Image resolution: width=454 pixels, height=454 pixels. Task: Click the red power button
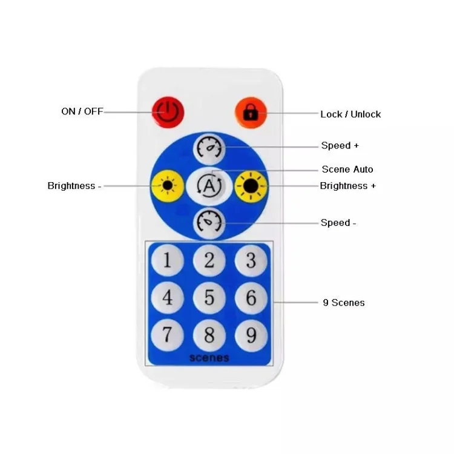pos(168,111)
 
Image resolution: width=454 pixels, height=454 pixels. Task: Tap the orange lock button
pos(251,111)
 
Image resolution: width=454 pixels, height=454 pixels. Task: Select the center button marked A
pos(209,186)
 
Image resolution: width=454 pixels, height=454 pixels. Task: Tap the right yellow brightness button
pos(250,185)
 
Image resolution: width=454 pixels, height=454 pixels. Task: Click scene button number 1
pos(167,262)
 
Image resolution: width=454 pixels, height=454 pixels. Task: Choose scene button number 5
pos(209,298)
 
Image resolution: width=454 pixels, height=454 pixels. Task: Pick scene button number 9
pos(251,335)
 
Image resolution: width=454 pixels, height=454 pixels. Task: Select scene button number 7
pos(167,335)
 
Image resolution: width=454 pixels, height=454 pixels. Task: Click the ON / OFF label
pos(82,111)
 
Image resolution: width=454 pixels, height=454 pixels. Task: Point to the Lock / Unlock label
pos(350,114)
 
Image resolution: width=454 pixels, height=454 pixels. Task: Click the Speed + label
pos(340,145)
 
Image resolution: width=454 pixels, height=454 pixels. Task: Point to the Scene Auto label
pos(347,169)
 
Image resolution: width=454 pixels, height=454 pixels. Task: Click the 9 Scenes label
pos(343,302)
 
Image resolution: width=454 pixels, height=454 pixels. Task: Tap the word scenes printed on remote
pos(209,357)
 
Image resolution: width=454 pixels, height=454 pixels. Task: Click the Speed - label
pos(338,223)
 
